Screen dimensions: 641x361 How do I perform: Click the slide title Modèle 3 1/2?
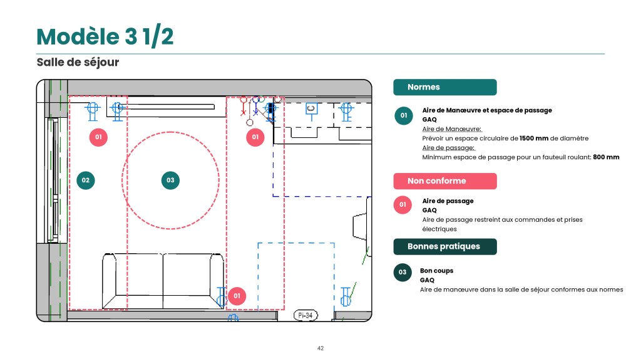pos(105,36)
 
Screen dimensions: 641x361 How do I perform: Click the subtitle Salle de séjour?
pos(78,62)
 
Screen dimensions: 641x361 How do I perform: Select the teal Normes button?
pos(445,87)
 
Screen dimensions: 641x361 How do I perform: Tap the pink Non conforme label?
pos(445,181)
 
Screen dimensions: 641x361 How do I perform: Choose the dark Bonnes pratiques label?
pos(445,246)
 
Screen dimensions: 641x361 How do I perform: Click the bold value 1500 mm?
pos(534,139)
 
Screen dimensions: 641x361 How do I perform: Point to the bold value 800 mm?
pos(606,157)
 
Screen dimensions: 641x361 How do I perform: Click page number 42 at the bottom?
pos(320,348)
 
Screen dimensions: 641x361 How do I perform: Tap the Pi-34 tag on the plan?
pos(305,316)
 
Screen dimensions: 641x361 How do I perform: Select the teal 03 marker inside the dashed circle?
pos(170,180)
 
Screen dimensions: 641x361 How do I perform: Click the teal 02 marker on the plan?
pos(85,180)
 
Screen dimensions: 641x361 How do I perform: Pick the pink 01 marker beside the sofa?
pos(237,296)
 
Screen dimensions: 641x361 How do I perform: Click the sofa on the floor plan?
pos(163,281)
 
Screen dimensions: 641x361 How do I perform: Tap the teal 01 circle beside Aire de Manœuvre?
pos(404,115)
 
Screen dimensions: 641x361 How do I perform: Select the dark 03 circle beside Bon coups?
pos(403,272)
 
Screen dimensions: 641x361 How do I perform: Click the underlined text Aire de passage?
pos(448,148)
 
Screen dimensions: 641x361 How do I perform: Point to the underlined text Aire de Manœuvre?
pos(452,129)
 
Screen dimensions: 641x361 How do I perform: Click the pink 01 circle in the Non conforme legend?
pos(403,205)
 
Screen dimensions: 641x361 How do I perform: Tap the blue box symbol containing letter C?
pos(312,109)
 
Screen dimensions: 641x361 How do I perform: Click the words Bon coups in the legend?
pos(436,271)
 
